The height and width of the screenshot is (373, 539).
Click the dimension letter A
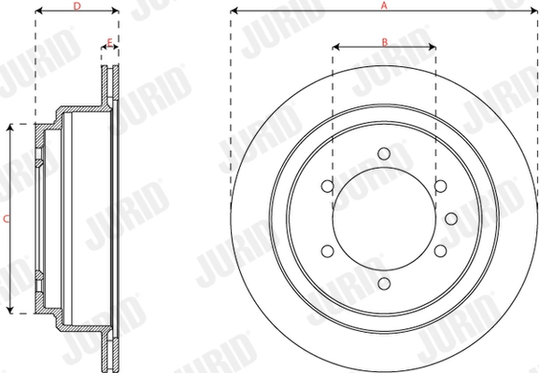383,6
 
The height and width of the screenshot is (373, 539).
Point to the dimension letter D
76,6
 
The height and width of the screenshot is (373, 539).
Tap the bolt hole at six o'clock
383,284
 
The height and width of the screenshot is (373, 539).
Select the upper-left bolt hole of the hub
327,187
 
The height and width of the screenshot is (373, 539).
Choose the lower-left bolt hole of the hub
327,252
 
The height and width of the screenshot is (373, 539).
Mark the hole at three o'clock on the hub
450,219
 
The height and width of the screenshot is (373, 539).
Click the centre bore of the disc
383,219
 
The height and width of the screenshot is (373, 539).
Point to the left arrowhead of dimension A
234,12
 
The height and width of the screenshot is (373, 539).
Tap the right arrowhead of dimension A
533,12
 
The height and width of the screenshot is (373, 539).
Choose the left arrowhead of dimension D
37,12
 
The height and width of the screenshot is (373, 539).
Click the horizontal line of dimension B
383,46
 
